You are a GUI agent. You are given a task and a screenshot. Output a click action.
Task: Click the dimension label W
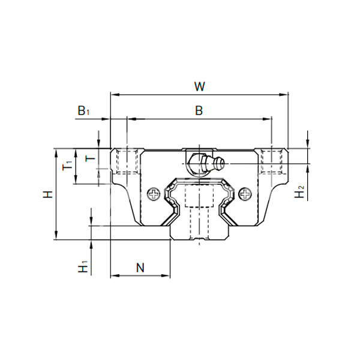[x=200, y=86]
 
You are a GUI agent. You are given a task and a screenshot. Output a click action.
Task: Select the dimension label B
[x=199, y=110]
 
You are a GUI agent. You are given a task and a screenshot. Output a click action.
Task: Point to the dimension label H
[x=47, y=194]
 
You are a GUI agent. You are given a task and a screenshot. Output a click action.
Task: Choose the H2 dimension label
[x=300, y=193]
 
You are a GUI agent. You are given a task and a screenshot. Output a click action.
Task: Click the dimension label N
[x=140, y=267]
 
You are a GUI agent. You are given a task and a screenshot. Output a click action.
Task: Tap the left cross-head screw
[x=155, y=194]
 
